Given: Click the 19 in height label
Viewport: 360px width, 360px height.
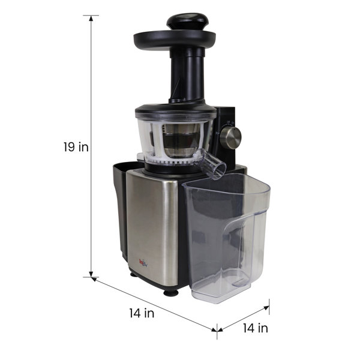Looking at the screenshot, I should [76, 147].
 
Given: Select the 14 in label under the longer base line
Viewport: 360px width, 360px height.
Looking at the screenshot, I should [142, 313].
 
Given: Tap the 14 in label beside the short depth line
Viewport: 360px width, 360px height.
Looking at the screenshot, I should [255, 328].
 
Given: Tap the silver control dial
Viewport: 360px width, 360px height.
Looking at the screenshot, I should [232, 137].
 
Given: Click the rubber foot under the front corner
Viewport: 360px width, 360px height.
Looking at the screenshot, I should [170, 293].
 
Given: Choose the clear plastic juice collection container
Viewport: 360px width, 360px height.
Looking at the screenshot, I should [227, 240].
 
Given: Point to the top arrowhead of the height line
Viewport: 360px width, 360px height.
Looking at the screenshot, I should [91, 19].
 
